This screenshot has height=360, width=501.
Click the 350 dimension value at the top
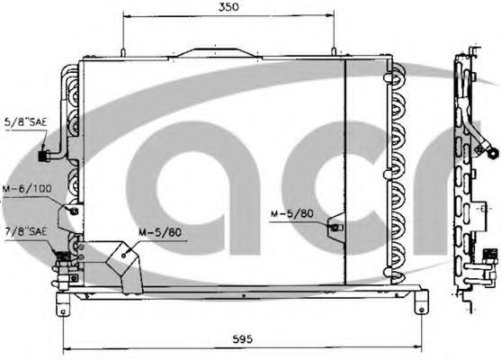point(228,7)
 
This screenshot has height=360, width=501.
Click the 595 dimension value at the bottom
point(242,338)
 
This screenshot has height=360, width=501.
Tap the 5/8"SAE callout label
point(25,121)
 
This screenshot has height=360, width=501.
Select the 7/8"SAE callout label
point(26,231)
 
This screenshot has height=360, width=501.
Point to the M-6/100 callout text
point(27,189)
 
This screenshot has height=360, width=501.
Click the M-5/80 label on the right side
point(292,213)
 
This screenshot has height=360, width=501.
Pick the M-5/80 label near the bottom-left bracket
point(160,232)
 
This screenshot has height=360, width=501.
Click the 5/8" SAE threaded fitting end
point(43,156)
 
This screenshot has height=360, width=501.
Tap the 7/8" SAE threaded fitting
point(63,256)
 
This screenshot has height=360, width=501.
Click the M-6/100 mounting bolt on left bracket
point(74,211)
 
